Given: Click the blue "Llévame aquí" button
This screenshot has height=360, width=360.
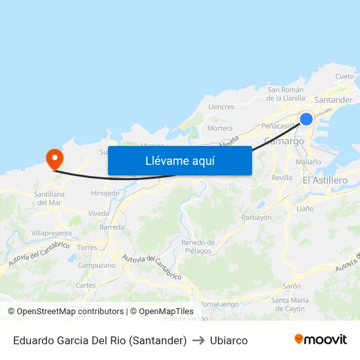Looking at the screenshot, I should coord(179,160).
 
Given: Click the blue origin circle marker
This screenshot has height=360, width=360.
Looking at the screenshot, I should coord(306,118).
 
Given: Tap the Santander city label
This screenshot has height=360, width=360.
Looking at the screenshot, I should coord(333,100).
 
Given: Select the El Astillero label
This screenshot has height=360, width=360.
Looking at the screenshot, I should coord(325,180).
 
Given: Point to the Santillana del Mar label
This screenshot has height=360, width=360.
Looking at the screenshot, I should coord(49,198).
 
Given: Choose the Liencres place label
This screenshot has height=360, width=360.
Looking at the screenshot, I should coord(221,107).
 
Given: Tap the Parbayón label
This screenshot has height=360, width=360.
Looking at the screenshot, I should coord(257,217).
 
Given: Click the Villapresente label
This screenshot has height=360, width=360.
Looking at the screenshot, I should coord(52,232).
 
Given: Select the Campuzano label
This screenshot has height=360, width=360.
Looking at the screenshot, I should coord(96,265).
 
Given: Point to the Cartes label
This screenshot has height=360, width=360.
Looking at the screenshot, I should coord(85,285).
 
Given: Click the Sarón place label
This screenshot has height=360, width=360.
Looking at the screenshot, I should coord(291,286).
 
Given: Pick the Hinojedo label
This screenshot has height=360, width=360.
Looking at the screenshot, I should coord(105,193).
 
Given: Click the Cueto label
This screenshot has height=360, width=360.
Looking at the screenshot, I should coord(344,76).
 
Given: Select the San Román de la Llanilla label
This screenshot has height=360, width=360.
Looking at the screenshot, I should coord(286,94).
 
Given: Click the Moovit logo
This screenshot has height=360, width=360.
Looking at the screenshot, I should coord(320,340).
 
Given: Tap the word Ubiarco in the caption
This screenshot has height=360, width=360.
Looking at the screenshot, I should coord(228,340).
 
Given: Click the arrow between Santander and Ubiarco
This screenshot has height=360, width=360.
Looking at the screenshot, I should coord(198,340).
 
